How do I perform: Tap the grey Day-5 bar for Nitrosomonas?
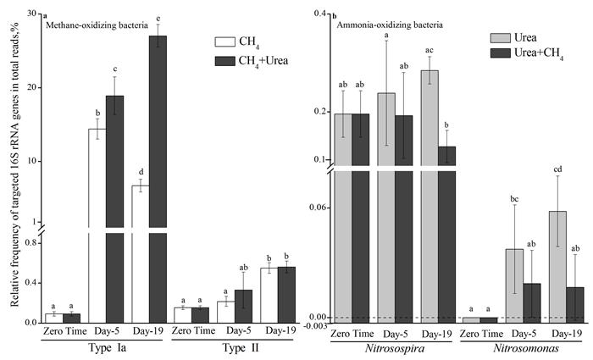515,283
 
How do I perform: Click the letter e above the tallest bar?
158,19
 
